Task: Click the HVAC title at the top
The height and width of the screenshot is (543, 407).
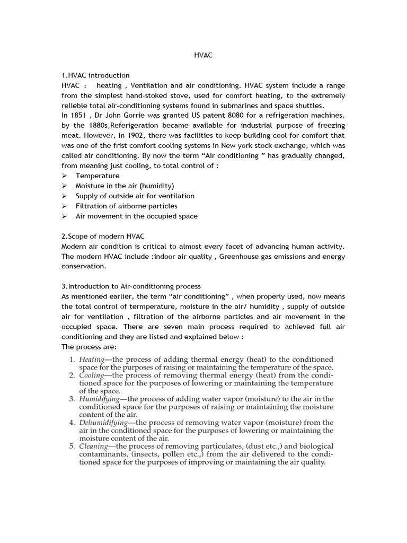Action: click(203, 55)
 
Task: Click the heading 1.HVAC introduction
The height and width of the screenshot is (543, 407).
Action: click(95, 75)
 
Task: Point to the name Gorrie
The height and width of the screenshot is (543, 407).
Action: click(132, 116)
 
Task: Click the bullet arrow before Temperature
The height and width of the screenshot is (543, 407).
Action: click(64, 176)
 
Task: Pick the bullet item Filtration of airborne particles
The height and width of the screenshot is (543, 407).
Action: click(126, 206)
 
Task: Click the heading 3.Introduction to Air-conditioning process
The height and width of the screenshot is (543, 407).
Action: click(131, 286)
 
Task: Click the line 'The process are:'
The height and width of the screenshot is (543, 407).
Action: click(85, 347)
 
